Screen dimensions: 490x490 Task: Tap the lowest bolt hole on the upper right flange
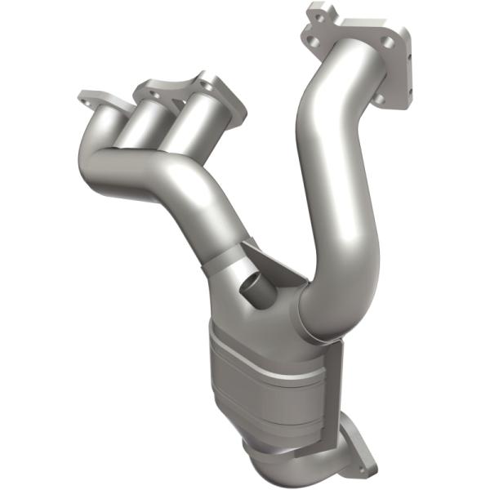(x=380, y=99)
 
